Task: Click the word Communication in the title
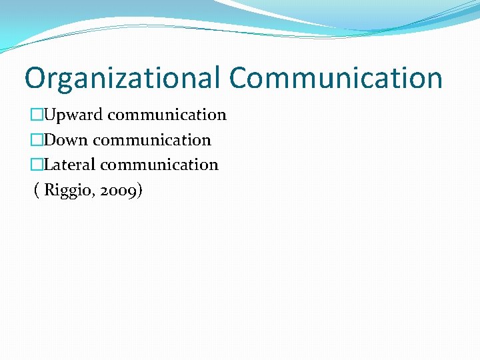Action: coord(336,78)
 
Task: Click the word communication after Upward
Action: coord(167,115)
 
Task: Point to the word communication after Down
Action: coord(152,140)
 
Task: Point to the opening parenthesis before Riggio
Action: coord(37,191)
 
